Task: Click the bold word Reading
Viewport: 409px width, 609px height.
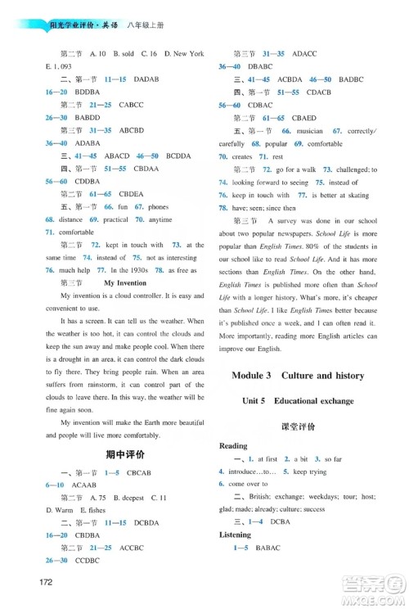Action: tap(234, 446)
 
